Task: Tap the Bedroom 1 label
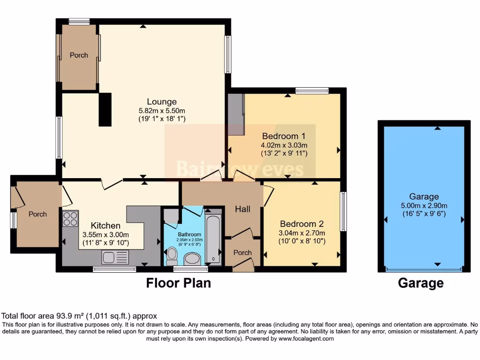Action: coord(284,136)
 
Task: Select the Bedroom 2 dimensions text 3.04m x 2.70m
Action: coord(302,233)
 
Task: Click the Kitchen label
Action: coord(105,226)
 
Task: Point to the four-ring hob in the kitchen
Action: coord(70,219)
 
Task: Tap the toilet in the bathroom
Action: coord(172,256)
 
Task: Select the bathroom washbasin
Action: coord(192,258)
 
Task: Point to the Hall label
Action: coord(242,210)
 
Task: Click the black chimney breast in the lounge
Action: coord(105,110)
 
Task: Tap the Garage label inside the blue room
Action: coord(424,197)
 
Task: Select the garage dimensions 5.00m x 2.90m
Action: coord(424,205)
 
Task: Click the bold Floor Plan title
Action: coord(179,283)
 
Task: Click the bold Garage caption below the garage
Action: coord(420,283)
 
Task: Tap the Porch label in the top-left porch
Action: coord(79,55)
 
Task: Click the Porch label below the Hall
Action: coord(242,253)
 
